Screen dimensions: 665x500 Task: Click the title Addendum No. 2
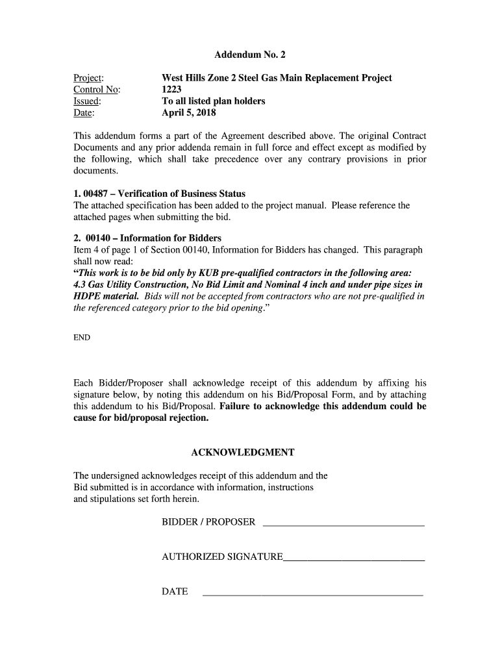coord(249,55)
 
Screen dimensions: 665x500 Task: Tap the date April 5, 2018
coord(188,113)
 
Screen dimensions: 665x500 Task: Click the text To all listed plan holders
coord(213,101)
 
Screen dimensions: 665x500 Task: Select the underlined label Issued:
coord(86,101)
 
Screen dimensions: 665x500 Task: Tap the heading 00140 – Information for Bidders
coord(153,238)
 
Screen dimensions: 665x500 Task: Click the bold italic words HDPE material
coord(106,296)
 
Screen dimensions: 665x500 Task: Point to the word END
coord(82,338)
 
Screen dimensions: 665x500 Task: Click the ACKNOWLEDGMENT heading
coord(243,452)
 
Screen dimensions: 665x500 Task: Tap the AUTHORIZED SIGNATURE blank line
coord(354,558)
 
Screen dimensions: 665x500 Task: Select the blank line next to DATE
coord(313,594)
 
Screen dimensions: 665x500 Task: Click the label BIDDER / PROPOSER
coord(208,522)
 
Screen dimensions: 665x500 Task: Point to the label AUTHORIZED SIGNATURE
coord(222,557)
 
